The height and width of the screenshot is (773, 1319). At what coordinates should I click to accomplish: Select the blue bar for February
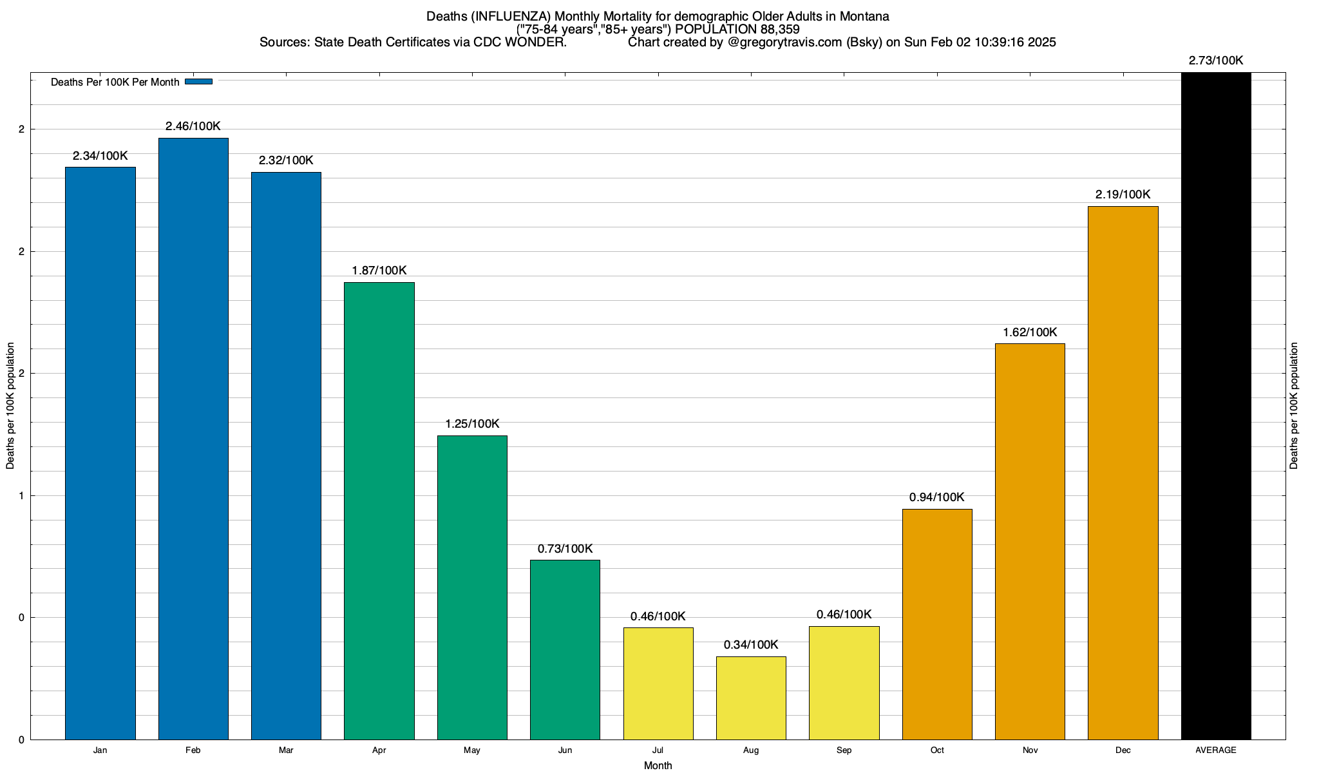193,438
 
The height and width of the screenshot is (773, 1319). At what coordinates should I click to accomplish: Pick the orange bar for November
1030,541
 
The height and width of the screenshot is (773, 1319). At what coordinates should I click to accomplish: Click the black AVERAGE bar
1216,406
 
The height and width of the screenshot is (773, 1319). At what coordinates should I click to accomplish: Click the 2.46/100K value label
193,126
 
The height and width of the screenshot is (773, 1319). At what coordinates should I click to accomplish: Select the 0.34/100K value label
751,645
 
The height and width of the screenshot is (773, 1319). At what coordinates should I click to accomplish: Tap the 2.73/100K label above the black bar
1216,61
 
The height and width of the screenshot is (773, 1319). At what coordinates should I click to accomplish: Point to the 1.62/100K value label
1030,332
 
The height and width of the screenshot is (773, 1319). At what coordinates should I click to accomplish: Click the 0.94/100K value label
937,497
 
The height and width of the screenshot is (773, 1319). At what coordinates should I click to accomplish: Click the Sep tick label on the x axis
844,750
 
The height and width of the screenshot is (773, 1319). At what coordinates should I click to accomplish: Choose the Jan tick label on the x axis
100,750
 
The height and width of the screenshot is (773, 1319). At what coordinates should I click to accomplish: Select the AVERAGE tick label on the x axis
1216,750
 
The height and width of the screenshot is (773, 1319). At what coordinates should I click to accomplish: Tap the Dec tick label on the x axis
1123,750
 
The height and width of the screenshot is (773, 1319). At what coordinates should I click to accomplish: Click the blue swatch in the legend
198,82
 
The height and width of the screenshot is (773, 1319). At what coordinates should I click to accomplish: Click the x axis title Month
658,766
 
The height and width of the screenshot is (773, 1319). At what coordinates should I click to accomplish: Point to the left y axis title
10,406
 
